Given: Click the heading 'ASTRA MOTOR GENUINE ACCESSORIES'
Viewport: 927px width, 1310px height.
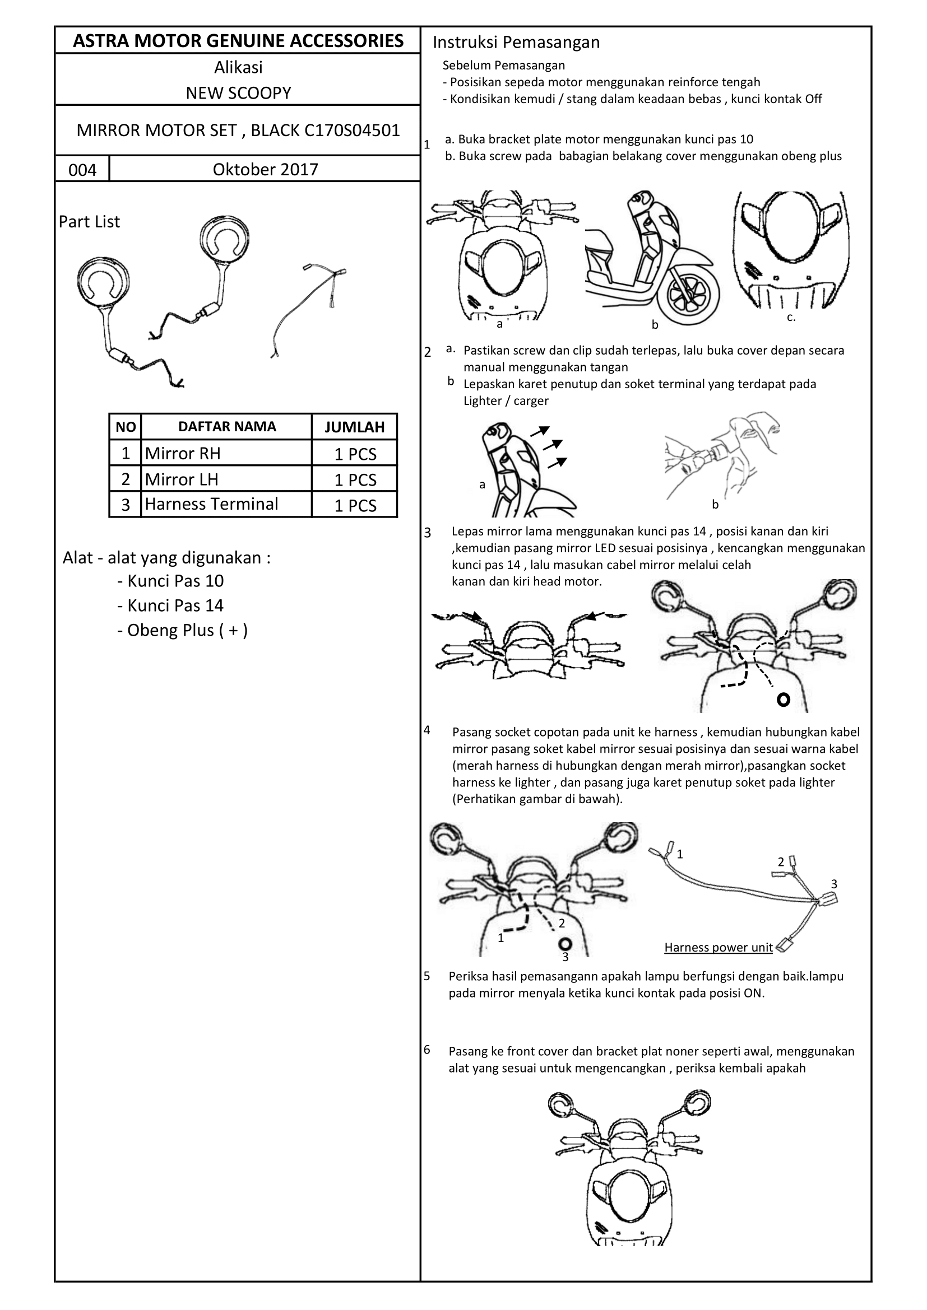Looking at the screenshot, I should [238, 40].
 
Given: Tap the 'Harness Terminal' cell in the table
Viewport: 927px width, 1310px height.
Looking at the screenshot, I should [211, 504].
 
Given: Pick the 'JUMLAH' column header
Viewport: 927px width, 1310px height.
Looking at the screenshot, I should [354, 427].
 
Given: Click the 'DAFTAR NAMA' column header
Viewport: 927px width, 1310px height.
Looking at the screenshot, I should [226, 426].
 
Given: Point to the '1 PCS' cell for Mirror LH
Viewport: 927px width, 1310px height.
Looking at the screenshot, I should [354, 479].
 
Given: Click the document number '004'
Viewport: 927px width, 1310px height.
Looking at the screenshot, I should [82, 170].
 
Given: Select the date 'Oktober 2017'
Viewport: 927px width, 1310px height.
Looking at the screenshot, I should [265, 170].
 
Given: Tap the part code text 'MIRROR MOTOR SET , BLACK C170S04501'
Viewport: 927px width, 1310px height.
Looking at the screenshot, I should [238, 130].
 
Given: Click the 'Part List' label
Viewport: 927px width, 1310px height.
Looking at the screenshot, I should [89, 221].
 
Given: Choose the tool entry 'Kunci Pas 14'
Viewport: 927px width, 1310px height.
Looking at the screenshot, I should [175, 605].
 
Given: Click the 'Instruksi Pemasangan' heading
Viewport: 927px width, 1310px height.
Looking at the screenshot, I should [516, 42].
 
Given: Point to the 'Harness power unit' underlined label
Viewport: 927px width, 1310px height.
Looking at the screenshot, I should [718, 947].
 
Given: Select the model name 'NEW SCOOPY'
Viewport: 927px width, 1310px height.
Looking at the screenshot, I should [238, 93].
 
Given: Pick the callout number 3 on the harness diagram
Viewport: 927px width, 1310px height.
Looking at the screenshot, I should [833, 884].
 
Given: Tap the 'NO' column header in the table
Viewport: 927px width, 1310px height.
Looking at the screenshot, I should [126, 427].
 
